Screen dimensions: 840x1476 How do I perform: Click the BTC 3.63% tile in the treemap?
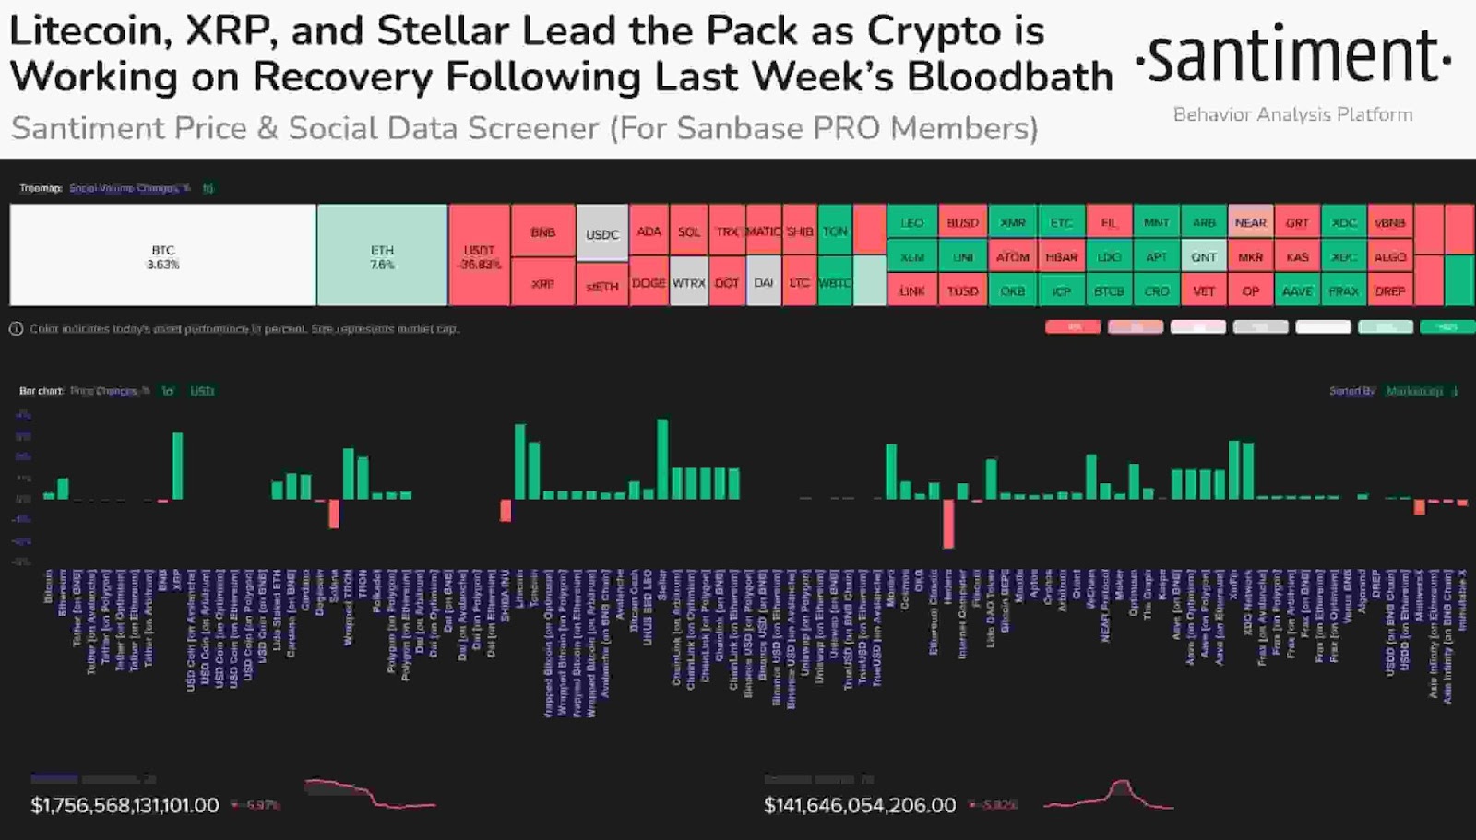pyautogui.click(x=162, y=255)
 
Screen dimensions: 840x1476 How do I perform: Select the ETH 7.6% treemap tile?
pyautogui.click(x=382, y=255)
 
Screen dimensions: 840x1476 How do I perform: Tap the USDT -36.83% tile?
pyautogui.click(x=479, y=255)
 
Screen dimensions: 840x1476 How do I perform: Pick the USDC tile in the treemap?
pyautogui.click(x=601, y=233)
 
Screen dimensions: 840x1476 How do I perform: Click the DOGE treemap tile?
pyautogui.click(x=649, y=282)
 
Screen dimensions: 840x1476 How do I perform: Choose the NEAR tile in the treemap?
pyautogui.click(x=1250, y=222)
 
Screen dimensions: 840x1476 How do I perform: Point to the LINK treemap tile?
pyautogui.click(x=911, y=290)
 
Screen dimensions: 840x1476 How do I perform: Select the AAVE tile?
pyautogui.click(x=1297, y=290)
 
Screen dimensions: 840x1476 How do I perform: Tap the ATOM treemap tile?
pyautogui.click(x=1012, y=256)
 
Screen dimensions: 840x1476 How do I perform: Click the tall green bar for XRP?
pyautogui.click(x=177, y=466)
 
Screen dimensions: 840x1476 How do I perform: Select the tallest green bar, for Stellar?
pyautogui.click(x=662, y=459)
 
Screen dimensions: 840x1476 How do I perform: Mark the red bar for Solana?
pyautogui.click(x=334, y=514)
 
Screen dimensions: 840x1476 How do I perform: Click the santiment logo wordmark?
pyautogui.click(x=1292, y=57)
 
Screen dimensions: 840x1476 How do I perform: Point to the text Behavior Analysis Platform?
pyautogui.click(x=1292, y=115)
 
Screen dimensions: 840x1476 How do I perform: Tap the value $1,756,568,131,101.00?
pyautogui.click(x=125, y=805)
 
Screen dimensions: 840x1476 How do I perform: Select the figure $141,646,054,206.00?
pyautogui.click(x=860, y=805)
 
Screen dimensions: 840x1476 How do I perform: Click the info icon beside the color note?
pyautogui.click(x=16, y=328)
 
